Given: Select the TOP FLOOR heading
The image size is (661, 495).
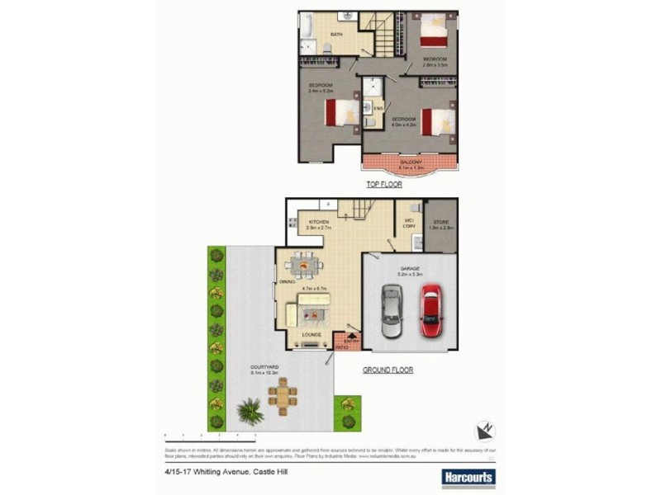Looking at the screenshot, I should pyautogui.click(x=384, y=185).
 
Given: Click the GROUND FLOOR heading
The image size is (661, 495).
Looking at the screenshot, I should pyautogui.click(x=388, y=370).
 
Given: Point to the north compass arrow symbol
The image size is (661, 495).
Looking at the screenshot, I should pyautogui.click(x=485, y=428).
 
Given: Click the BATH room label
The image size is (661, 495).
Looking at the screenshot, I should pyautogui.click(x=337, y=34).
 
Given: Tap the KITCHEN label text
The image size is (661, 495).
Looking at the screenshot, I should pyautogui.click(x=319, y=223).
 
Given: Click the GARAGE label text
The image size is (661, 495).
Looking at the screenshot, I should pyautogui.click(x=411, y=268).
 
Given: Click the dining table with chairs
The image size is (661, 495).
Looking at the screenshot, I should pyautogui.click(x=305, y=266).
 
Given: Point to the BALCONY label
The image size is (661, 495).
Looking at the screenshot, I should pyautogui.click(x=411, y=163).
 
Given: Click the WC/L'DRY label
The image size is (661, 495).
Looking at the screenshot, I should pyautogui.click(x=408, y=222).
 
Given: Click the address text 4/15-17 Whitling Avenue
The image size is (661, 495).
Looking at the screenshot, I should pyautogui.click(x=220, y=473).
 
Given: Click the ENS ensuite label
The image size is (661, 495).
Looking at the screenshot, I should pyautogui.click(x=377, y=108).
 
